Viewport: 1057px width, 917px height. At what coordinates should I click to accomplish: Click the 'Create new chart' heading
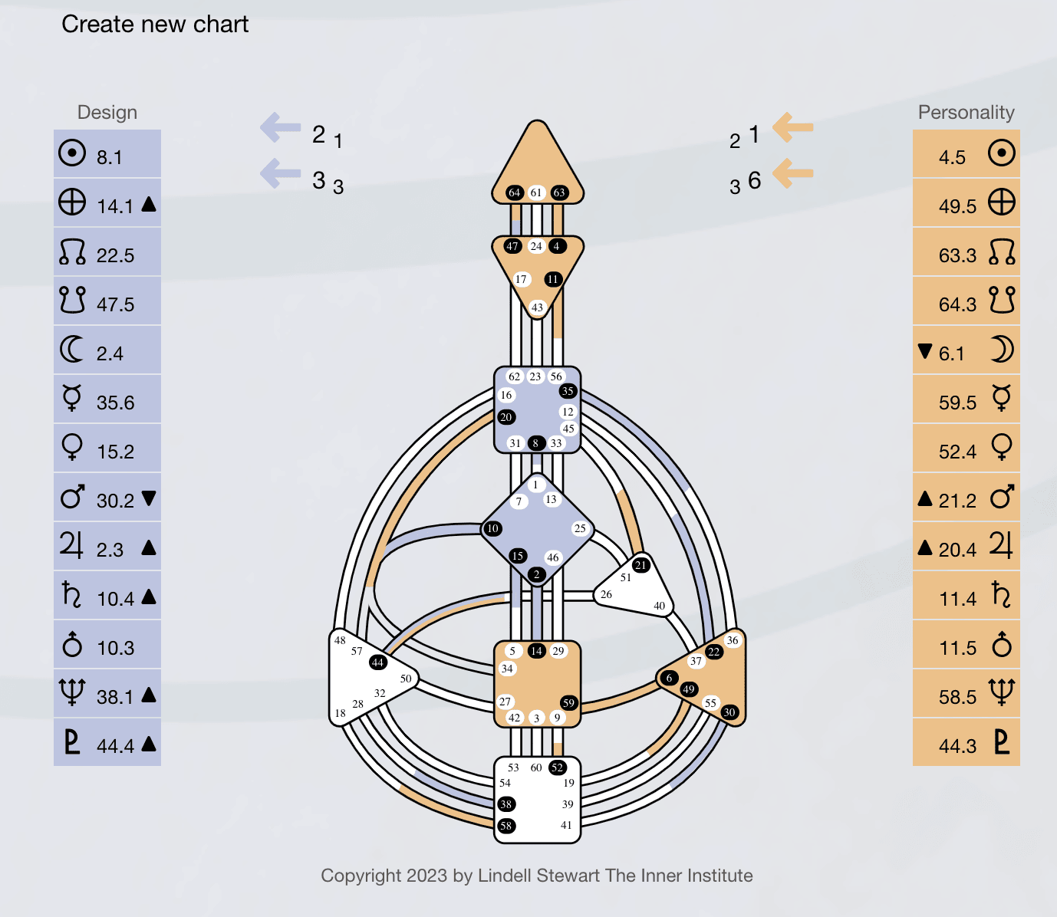(155, 25)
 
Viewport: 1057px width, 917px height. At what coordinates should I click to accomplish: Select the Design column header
(107, 113)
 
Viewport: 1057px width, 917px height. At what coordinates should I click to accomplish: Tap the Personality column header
(966, 113)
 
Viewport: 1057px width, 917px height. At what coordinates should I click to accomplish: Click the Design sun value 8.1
(109, 157)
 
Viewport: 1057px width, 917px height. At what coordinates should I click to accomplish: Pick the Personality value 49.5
(957, 206)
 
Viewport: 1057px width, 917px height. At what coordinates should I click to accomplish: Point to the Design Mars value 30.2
(115, 501)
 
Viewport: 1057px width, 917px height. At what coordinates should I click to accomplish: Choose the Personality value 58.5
(957, 697)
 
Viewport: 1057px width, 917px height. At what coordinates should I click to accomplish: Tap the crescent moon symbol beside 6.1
(1001, 350)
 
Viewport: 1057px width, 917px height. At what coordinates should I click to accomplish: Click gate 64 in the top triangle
(515, 192)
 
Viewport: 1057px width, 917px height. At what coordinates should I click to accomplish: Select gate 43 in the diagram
(537, 307)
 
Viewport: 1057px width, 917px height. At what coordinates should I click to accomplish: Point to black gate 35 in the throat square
(568, 391)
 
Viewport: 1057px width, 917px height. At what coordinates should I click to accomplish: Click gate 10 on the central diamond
(492, 528)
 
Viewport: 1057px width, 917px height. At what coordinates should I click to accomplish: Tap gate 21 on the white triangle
(641, 565)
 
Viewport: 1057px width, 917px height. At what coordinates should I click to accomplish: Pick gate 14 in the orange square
(536, 651)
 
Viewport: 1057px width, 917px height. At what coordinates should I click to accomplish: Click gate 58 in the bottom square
(506, 826)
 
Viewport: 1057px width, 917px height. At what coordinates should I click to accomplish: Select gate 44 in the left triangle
(377, 662)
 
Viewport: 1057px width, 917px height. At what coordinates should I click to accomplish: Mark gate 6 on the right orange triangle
(669, 678)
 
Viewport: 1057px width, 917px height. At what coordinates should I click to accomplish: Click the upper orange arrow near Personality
(792, 127)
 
